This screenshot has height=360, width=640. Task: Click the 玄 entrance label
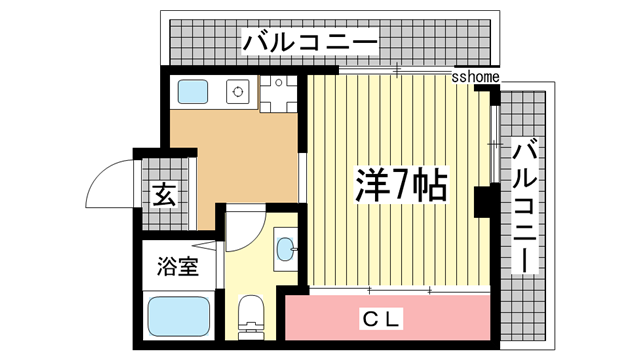164,196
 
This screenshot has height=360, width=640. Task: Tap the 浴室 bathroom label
177,267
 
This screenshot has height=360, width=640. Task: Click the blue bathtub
177,318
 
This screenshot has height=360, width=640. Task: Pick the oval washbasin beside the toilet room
284,247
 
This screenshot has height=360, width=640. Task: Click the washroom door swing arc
243,229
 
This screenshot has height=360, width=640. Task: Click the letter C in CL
371,320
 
